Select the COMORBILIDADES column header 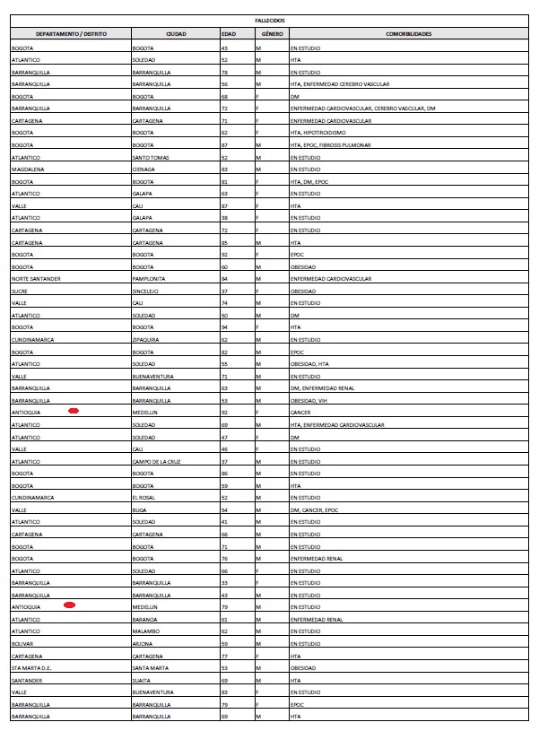point(408,32)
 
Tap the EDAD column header point(229,32)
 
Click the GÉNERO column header point(265,32)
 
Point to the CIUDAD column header point(176,32)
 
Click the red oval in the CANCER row point(74,410)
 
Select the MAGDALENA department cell point(27,169)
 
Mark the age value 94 point(225,327)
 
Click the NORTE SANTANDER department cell point(36,279)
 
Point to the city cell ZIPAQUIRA point(147,340)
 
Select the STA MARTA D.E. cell point(31,668)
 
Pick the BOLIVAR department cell point(23,644)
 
